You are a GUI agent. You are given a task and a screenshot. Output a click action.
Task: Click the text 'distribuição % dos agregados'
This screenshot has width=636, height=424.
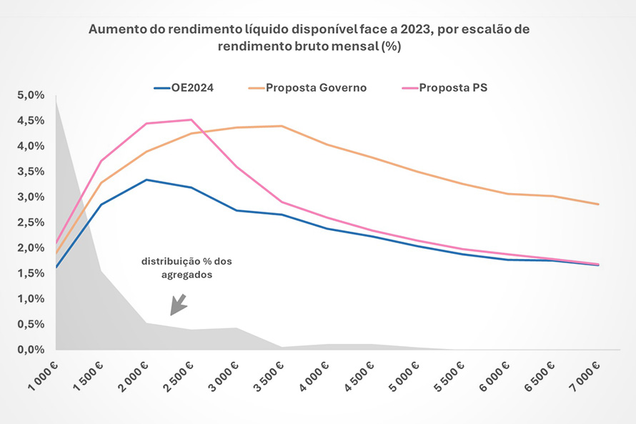click(x=185, y=267)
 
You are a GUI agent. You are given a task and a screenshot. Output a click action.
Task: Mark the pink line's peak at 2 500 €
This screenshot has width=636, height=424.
click(x=191, y=119)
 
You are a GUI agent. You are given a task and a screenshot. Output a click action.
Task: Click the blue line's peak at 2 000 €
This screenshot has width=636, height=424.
click(x=146, y=179)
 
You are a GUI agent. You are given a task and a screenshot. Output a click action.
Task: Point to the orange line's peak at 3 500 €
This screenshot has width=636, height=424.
click(x=282, y=126)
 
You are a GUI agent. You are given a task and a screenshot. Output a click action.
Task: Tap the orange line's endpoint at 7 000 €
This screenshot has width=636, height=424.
click(x=598, y=204)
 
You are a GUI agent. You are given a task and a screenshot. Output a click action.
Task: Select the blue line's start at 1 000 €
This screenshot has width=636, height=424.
click(x=56, y=267)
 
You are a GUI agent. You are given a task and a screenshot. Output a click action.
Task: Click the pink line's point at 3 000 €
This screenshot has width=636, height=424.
click(x=237, y=167)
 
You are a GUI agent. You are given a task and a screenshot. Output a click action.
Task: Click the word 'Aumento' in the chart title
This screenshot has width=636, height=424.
click(x=114, y=30)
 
